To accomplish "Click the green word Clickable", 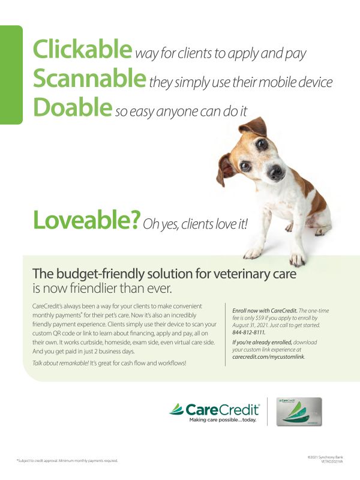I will pos(82,49).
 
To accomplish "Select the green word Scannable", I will pos(89,79).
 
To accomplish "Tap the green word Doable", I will pos(73,107).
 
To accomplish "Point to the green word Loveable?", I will pos(86,220).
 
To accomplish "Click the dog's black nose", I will pos(275,172).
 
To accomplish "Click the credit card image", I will pos(298,412).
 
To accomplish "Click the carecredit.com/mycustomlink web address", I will pos(268,356).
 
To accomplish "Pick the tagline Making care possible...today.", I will pos(223,420).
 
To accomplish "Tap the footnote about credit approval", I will pos(67,460).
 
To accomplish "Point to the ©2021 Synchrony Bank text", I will pos(325,457).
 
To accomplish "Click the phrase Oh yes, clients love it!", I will pos(194,224).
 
